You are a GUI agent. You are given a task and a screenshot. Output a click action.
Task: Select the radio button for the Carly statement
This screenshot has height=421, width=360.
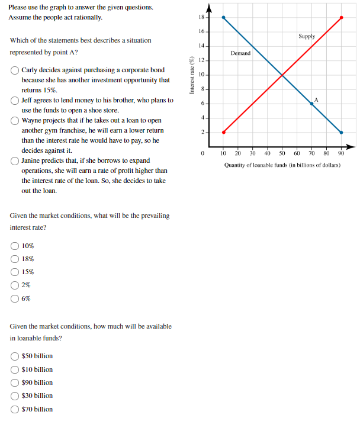point(14,70)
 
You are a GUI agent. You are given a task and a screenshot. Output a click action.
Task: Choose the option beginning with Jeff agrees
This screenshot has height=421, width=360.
point(14,100)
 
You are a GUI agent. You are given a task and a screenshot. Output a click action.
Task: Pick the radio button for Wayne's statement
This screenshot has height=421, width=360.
point(14,120)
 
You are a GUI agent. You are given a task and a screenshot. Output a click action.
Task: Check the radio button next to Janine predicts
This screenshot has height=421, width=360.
point(14,160)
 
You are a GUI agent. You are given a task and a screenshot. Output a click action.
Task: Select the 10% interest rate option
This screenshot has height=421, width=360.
point(14,246)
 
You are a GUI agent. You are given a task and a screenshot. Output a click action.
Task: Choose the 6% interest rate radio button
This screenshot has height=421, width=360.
point(14,299)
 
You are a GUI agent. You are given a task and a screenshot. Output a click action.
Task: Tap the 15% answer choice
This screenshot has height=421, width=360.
point(14,272)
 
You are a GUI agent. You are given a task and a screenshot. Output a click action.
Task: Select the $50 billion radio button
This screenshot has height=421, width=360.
point(14,356)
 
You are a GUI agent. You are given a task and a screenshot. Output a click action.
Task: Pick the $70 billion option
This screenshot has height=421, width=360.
point(14,409)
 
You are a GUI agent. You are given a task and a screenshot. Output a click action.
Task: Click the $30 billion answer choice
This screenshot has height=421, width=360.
point(14,396)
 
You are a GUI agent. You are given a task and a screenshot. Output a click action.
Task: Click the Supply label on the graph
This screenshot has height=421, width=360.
point(307,36)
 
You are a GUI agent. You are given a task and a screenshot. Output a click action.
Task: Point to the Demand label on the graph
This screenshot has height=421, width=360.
point(240,53)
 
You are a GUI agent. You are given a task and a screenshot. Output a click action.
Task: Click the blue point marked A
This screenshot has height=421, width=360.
point(312,104)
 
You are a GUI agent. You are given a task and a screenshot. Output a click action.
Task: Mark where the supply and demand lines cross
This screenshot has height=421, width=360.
point(282,75)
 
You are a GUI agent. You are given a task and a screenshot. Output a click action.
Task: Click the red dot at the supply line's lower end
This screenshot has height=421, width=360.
point(223,132)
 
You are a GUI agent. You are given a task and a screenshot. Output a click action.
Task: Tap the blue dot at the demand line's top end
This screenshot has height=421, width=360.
point(223,17)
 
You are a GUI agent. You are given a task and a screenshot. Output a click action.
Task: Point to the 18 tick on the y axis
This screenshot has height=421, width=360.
point(201,17)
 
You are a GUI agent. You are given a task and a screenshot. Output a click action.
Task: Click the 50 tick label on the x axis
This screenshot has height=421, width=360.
point(282,153)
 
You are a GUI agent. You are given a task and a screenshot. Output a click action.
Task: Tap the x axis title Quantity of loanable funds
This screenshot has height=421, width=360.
point(282,165)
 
